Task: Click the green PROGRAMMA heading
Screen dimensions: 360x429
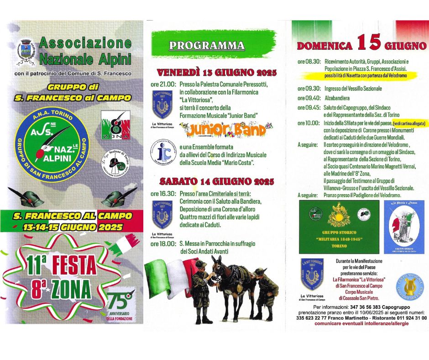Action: (x=206, y=45)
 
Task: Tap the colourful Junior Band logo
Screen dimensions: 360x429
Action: (x=225, y=130)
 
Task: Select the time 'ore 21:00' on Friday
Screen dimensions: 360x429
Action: (x=163, y=84)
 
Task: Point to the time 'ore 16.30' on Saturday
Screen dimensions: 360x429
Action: (x=163, y=194)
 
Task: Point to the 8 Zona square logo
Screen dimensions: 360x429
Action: (x=115, y=124)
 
